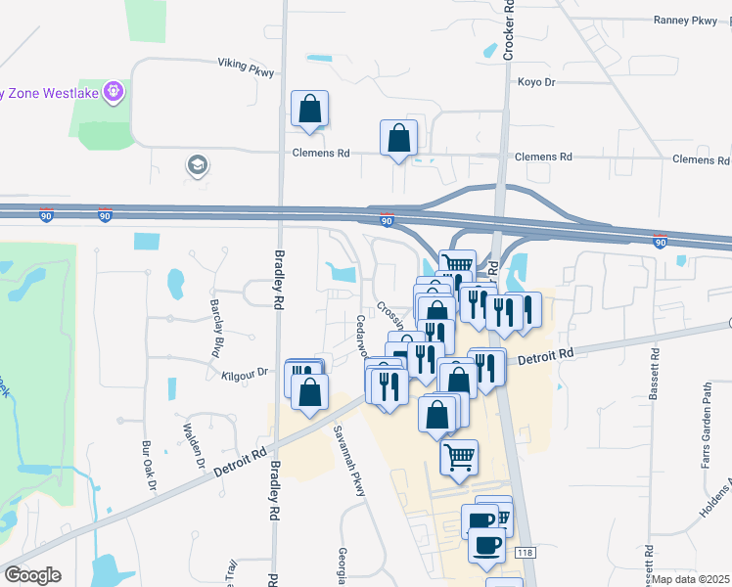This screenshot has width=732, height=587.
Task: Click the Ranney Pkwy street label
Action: coord(686,20)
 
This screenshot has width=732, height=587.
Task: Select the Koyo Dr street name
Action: coord(536,82)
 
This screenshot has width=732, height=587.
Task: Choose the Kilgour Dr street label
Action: coord(245,373)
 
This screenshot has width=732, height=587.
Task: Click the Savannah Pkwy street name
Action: coord(348,460)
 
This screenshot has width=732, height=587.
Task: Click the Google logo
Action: coord(31,575)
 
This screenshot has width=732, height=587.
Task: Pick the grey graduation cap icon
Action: coord(197,165)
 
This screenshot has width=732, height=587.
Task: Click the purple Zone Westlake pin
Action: coord(114,92)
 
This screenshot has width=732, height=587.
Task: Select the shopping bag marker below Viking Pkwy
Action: coord(309,108)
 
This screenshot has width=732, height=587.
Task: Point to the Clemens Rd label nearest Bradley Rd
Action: coord(321,154)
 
